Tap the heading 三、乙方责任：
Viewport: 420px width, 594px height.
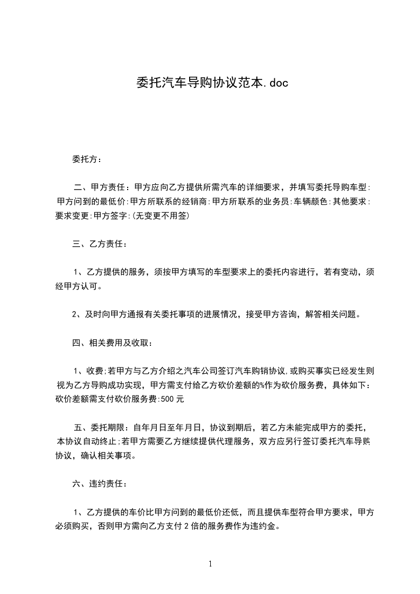(x=100, y=244)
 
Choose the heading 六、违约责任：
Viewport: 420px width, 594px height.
(x=100, y=483)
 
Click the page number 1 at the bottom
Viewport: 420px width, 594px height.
(x=210, y=564)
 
